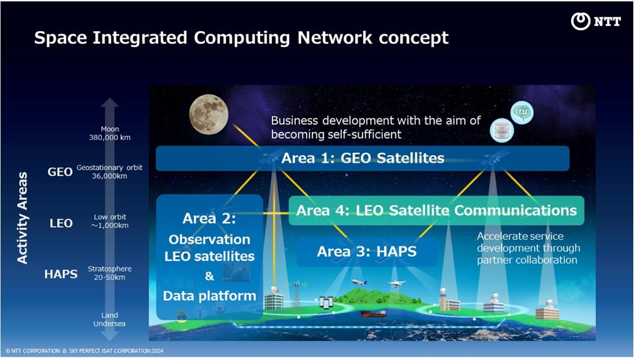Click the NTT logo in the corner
point(596,21)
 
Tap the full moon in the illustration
point(209,115)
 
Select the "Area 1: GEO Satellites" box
point(362,158)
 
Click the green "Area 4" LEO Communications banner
point(436,210)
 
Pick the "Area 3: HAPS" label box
point(367,252)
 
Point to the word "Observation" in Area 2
point(209,239)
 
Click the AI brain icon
point(522,112)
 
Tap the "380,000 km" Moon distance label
point(110,137)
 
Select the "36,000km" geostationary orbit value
point(109,176)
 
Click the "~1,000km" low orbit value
point(110,225)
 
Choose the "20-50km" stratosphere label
point(109,277)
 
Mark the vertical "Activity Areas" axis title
point(22,218)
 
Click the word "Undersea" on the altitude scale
point(109,323)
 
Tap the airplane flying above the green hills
point(359,282)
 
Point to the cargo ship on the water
point(374,314)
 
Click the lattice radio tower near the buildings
point(296,295)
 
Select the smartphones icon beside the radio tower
point(326,302)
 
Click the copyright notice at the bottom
point(84,351)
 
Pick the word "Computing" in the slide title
point(242,38)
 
